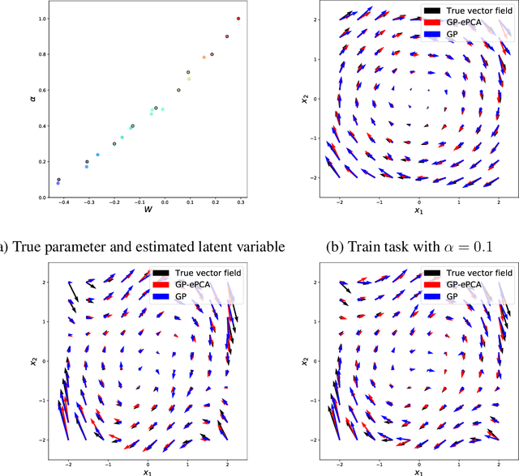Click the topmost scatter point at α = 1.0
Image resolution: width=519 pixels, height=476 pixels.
[238, 19]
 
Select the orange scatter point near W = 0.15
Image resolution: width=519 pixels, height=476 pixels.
[204, 57]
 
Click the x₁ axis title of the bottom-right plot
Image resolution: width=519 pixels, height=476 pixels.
[417, 470]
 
